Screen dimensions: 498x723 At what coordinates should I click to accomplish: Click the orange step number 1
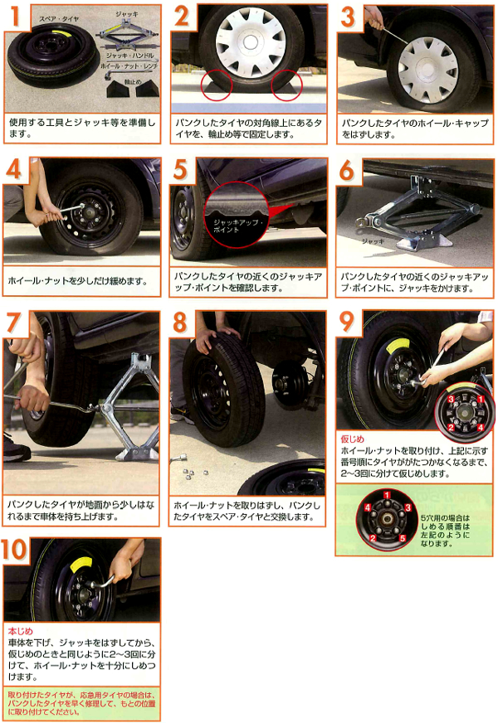pos(16,15)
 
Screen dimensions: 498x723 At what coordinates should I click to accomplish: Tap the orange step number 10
pos(15,549)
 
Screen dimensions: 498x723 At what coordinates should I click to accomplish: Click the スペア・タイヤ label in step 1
pos(59,19)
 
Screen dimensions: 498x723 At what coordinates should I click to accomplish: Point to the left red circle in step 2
pos(217,85)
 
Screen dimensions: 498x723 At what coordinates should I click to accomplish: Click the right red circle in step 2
pos(286,85)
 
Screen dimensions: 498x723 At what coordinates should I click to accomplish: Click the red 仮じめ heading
pos(352,439)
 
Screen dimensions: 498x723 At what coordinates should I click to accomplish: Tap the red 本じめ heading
pos(20,631)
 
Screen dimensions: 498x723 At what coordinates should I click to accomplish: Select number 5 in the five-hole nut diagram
pos(403,538)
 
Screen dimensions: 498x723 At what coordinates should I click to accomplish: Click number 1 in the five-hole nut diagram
pos(388,496)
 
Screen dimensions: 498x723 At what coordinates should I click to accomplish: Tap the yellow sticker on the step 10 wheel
pos(81,565)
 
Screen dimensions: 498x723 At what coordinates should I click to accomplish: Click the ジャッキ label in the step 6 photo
pos(373,241)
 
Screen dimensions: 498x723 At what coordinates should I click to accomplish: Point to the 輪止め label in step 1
pos(133,81)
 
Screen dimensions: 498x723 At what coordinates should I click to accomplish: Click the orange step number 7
pos(14,323)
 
